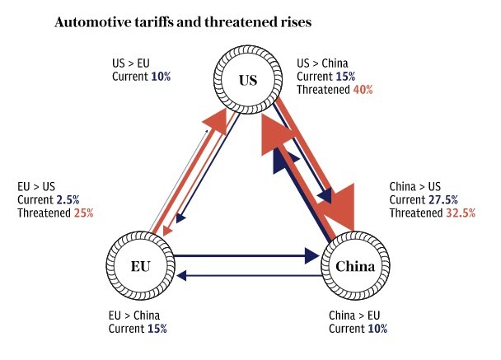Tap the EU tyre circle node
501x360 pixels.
(141, 266)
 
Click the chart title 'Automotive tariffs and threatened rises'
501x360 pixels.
(182, 23)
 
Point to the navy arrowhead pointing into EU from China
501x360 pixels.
(184, 277)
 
